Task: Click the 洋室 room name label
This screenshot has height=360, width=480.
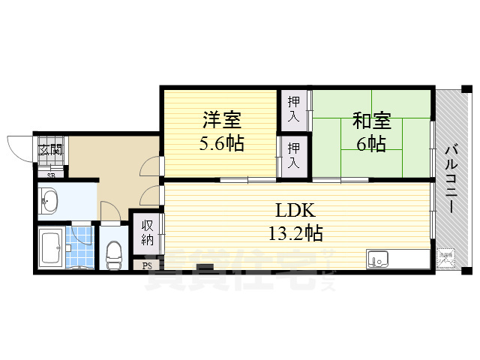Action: click(221, 119)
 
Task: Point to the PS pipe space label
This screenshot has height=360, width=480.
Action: click(145, 265)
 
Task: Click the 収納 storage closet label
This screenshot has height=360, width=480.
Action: click(146, 232)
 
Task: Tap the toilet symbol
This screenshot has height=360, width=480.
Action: click(114, 254)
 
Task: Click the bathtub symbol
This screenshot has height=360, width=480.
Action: click(51, 248)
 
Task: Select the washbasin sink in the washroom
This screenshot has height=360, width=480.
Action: click(51, 200)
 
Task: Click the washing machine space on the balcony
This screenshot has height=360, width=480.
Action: click(446, 257)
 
